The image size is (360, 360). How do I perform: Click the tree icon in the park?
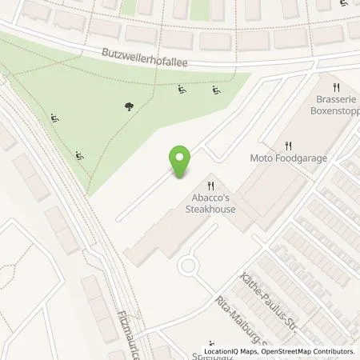[130, 106]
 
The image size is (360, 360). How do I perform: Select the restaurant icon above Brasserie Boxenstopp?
[338, 88]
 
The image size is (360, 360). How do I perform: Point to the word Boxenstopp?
[329, 114]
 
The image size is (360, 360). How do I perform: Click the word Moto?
[261, 158]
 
